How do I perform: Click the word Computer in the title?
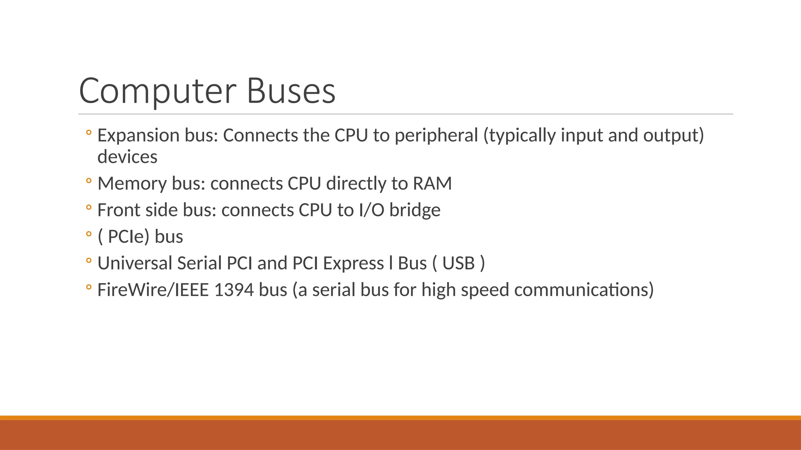click(x=157, y=91)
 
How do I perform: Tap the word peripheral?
click(x=436, y=136)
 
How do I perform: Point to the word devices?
click(x=127, y=157)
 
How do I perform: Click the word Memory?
click(x=132, y=184)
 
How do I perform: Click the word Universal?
click(x=135, y=263)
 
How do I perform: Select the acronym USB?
click(x=458, y=263)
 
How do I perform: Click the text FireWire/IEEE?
click(x=153, y=290)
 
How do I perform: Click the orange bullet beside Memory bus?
click(x=89, y=181)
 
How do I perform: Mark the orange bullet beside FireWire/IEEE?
click(x=89, y=287)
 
